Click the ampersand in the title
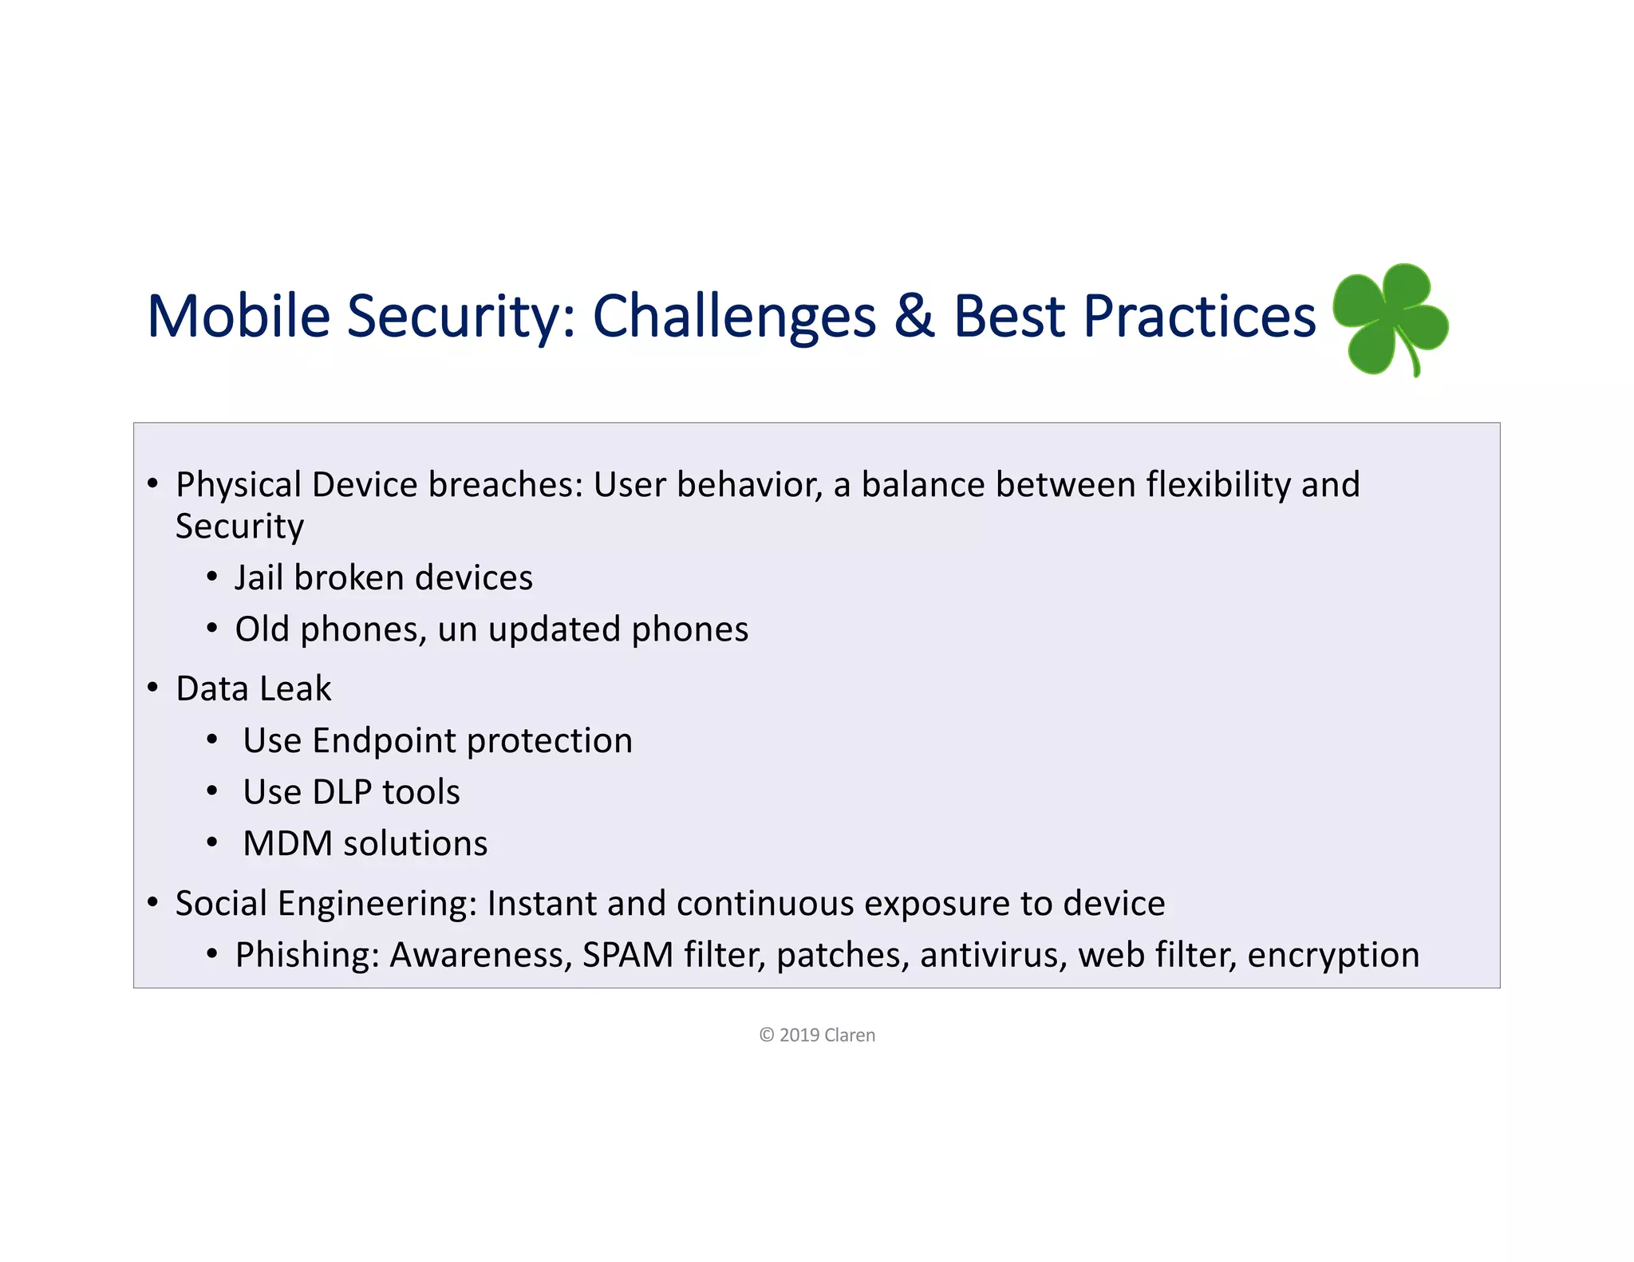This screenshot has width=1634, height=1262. pos(914,316)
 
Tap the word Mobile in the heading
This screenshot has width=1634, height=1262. pos(238,316)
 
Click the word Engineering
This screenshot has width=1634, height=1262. pos(377,905)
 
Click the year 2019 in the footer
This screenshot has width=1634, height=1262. pos(799,1035)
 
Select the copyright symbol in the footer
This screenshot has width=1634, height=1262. pos(767,1035)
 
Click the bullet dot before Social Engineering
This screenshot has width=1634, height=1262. pos(153,903)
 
